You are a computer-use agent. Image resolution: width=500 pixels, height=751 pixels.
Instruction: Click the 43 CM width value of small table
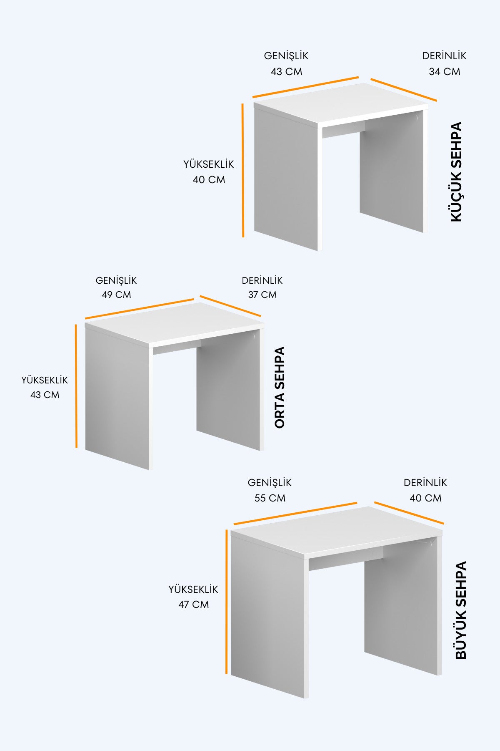pos(286,72)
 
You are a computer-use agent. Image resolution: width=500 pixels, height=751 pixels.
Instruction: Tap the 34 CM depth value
pos(445,72)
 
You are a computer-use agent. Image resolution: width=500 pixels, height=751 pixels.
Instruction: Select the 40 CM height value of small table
pos(209,180)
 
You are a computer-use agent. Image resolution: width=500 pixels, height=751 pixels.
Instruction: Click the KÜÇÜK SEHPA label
pos(457,171)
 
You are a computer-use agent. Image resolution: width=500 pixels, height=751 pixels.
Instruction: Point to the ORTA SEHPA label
pos(280,387)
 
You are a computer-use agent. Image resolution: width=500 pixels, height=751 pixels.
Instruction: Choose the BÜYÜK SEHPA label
pos(461,610)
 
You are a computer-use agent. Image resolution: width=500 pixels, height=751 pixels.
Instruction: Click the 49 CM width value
pos(116,295)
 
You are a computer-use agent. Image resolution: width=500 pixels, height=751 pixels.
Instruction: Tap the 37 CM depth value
pos(262,295)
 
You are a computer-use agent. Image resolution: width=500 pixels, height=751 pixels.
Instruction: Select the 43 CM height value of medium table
pos(45,395)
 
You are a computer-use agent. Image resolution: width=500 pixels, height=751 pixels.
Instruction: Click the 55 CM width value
pos(270,498)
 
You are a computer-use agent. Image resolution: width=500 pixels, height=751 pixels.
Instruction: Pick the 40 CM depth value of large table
pos(425,498)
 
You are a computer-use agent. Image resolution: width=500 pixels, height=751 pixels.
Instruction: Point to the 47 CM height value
pos(194,605)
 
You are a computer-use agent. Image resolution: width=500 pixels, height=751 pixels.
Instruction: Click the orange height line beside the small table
pos(243,170)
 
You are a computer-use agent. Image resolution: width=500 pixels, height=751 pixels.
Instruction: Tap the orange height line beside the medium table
pos(76,386)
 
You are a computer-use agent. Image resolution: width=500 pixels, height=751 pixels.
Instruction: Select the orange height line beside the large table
pos(227,602)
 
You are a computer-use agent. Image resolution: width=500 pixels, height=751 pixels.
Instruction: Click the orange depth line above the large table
pos(409,513)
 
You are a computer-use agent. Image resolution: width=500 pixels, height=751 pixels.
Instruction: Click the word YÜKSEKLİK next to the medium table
pos(45,381)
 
